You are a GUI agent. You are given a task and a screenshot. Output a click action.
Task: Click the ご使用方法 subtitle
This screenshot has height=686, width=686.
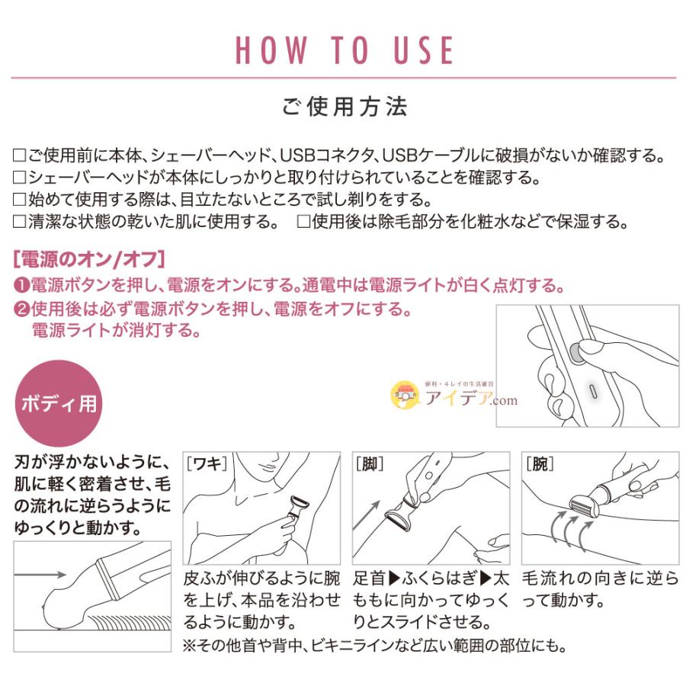345,106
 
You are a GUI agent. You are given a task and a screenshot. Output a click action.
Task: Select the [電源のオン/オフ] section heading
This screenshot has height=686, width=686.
88,259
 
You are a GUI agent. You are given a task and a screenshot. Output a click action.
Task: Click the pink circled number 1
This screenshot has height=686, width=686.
21,287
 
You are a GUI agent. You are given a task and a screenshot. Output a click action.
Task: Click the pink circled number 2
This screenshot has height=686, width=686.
21,311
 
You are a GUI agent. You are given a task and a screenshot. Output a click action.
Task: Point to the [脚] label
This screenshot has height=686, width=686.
369,463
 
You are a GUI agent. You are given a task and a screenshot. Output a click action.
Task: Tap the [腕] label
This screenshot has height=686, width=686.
540,463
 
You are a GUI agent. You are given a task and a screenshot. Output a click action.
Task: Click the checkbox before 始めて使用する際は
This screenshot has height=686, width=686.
21,201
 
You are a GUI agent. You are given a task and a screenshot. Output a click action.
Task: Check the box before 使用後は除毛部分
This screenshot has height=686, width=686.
303,223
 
